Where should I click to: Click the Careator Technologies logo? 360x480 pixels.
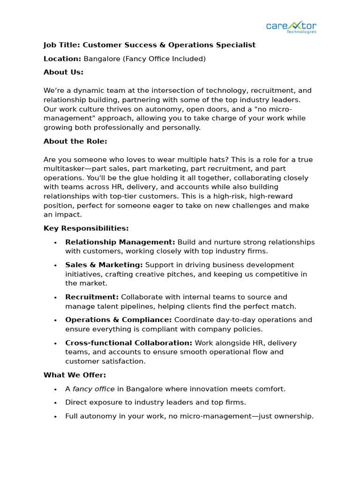pos(291,27)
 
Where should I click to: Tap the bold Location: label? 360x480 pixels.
pos(62,59)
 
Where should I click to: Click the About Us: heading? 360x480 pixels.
pos(63,72)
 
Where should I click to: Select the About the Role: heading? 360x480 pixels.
pos(75,141)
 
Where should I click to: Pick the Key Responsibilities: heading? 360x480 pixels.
pos(86,228)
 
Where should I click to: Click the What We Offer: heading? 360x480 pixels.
pos(75,375)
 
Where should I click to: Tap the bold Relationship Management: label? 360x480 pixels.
pos(120,242)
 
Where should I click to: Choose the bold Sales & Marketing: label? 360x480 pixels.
pos(104,265)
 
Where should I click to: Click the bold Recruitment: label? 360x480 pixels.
pos(92,297)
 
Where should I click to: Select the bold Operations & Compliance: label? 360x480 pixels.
pos(119,320)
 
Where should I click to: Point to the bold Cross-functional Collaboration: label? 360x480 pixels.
pos(128,343)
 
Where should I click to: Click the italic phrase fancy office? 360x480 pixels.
pos(93,389)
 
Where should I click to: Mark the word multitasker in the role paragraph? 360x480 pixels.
pos(63,169)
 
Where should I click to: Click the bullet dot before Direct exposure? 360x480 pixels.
pos(55,403)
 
